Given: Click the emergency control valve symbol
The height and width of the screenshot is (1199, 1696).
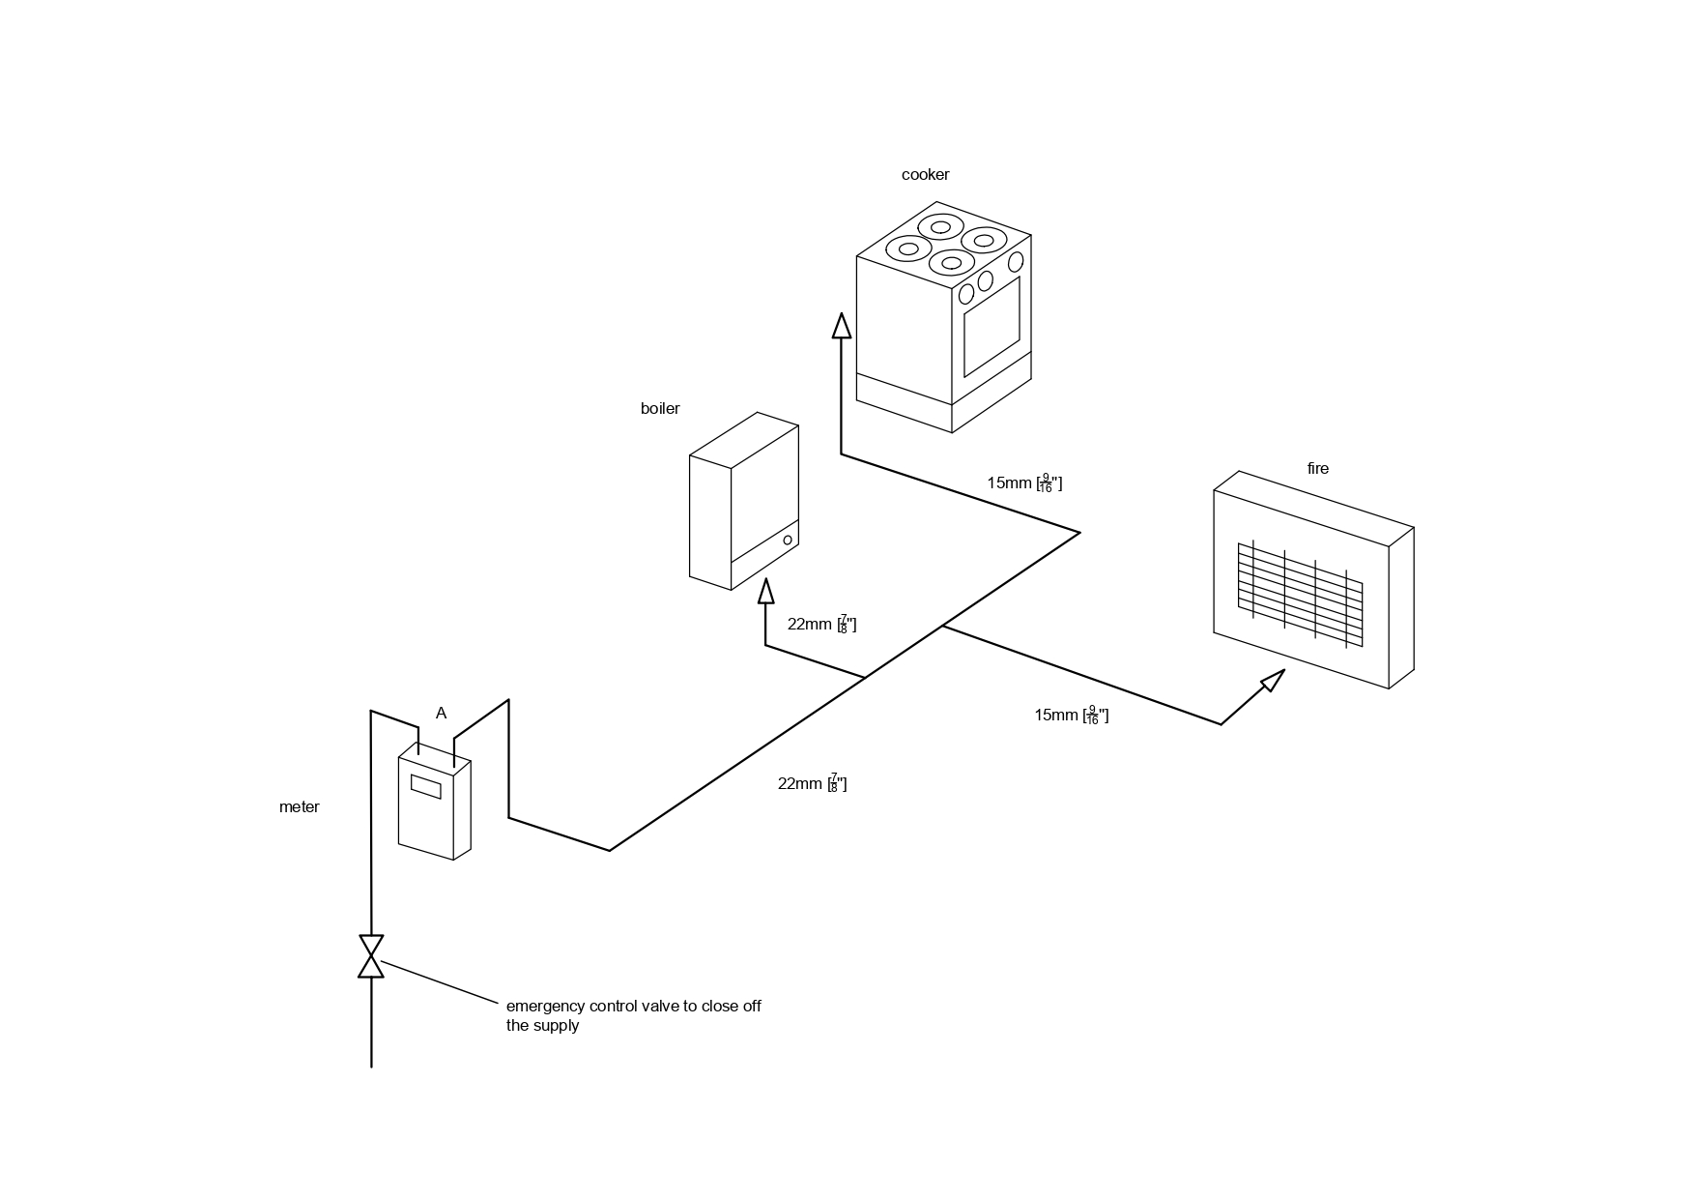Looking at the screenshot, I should pos(371,956).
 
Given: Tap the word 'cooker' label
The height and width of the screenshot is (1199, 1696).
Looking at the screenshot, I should pos(925,175).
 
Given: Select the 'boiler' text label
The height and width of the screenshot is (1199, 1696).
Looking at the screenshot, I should pos(660,409).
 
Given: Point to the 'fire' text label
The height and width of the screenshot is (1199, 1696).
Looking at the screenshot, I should pos(1317,469).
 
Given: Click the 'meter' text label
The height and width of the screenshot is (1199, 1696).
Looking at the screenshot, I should pos(299,807).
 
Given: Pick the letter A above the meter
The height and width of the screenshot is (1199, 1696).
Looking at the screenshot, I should pos(441,714).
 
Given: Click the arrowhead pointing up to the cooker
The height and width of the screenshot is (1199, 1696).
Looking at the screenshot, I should pos(842,326).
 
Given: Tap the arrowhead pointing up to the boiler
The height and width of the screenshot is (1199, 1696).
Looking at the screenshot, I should pos(766,591).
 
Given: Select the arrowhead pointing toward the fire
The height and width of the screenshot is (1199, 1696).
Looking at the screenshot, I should pos(1273,680).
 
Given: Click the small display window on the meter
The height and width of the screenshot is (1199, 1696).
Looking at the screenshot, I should pos(426,786).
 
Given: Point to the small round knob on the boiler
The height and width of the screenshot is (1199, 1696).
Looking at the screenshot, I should pos(788,540).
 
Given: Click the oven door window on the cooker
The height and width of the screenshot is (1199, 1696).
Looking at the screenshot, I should pos(992,327).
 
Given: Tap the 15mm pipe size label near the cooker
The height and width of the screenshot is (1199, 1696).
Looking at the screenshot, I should pos(1023,483).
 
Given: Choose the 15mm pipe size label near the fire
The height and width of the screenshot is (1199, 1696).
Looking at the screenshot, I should pos(1071,716).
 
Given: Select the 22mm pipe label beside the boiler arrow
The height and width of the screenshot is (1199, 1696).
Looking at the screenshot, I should pos(821,625).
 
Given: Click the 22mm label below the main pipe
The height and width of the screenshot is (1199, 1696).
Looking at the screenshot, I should pos(812,784).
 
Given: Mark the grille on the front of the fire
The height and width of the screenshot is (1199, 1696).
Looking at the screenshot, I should pos(1300,594).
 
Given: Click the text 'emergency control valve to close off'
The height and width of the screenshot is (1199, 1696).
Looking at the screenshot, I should pos(633,1007).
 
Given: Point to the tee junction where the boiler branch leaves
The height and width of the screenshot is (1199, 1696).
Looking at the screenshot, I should pos(864,678).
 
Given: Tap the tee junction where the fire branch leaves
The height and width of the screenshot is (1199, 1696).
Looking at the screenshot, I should pos(942,627).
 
